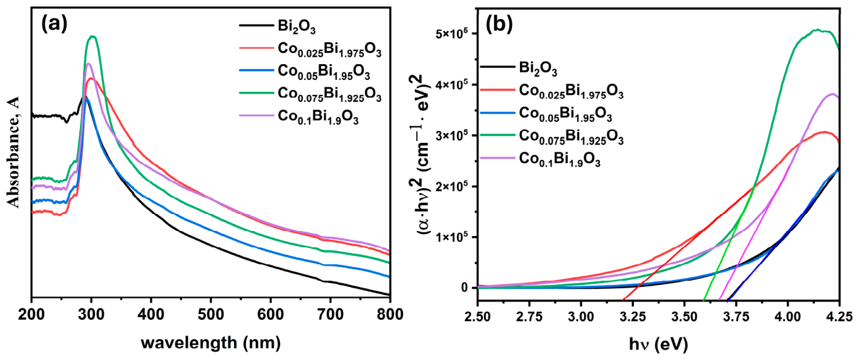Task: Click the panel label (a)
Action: point(54,24)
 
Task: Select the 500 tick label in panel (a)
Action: point(211,315)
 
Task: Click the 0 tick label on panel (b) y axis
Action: point(463,288)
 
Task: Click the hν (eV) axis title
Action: point(658,344)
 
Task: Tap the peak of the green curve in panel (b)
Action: point(817,29)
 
